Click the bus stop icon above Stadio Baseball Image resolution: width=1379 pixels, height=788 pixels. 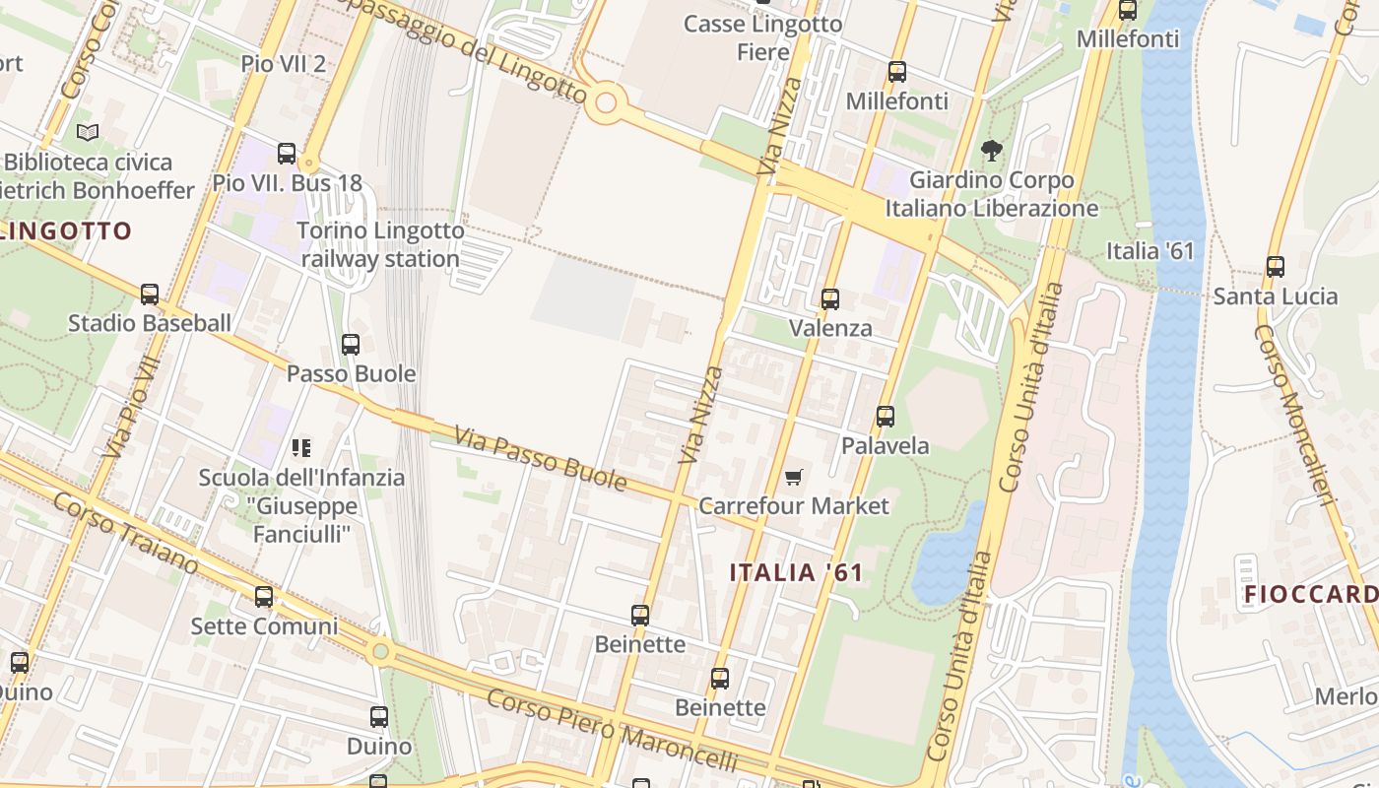150,294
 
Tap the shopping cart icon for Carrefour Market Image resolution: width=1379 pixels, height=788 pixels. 794,478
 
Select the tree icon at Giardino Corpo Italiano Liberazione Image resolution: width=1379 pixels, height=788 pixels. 991,151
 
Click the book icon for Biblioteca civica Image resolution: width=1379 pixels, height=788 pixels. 88,132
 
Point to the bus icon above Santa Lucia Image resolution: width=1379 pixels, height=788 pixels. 1276,266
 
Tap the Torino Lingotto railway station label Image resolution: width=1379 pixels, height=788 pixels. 380,245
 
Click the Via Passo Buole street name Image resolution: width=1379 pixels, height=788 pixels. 540,458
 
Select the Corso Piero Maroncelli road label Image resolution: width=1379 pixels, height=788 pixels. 612,731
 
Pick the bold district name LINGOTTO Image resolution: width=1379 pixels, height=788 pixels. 66,231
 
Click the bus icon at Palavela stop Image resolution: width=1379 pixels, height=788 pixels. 886,417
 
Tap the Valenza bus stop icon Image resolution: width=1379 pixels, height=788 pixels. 830,298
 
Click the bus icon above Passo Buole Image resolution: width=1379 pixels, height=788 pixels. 351,345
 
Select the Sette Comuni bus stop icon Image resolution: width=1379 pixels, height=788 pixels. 264,596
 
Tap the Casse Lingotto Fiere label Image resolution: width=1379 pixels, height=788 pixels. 762,37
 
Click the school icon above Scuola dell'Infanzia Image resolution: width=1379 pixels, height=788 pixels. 301,448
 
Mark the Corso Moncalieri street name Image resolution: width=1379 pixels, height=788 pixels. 1293,414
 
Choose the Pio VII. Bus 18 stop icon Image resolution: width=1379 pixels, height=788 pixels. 287,154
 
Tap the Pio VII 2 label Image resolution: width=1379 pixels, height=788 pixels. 284,64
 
